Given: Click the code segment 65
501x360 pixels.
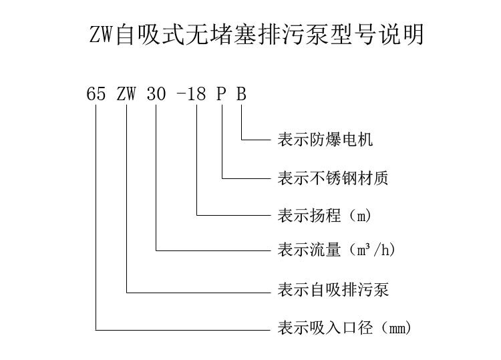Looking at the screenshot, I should tap(96, 94).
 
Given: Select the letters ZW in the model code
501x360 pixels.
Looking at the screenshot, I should tap(126, 94).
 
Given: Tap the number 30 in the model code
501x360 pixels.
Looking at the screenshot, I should tap(156, 94).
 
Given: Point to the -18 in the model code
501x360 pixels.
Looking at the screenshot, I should tap(191, 94).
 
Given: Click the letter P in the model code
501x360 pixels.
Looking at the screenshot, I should tap(221, 94).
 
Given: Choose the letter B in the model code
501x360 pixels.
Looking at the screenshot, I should tap(241, 94).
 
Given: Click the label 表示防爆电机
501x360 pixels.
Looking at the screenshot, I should tap(325, 140).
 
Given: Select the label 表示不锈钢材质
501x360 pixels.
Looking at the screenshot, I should tap(333, 178).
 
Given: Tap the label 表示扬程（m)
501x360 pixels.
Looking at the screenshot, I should tap(324, 216).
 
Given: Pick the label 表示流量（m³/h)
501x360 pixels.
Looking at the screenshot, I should tap(337, 250).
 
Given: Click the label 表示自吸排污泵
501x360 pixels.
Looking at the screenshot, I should tap(333, 290).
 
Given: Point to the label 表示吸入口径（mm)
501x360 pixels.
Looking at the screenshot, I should tap(345, 329).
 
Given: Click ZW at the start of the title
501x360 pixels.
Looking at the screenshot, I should tap(102, 35).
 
